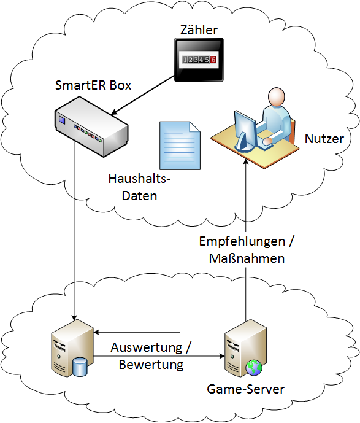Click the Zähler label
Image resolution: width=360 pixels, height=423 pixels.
(199, 29)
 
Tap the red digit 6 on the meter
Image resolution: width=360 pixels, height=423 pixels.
(213, 60)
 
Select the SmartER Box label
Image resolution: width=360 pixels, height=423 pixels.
(93, 85)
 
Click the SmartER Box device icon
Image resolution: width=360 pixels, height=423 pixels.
(91, 127)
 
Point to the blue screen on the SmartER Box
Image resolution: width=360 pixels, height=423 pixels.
(62, 120)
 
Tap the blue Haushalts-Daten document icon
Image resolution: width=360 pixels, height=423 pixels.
(180, 146)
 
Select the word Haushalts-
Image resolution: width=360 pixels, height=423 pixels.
(139, 179)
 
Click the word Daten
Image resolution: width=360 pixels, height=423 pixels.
(139, 196)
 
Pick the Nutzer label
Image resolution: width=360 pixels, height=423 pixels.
(324, 138)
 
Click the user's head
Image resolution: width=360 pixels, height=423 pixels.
(277, 96)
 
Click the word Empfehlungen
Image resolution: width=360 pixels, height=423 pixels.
(242, 241)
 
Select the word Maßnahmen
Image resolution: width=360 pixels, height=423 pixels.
(247, 258)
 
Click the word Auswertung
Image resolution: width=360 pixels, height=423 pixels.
(147, 347)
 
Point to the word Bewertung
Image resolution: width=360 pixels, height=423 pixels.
(151, 365)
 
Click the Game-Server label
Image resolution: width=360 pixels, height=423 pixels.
(245, 389)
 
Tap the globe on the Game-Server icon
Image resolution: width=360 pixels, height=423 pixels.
(253, 368)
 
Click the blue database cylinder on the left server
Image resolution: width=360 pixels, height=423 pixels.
(80, 367)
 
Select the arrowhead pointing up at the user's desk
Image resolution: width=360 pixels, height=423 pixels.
(245, 161)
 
